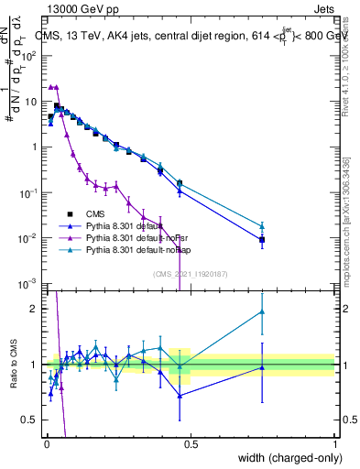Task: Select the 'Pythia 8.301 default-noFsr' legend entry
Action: click(x=124, y=237)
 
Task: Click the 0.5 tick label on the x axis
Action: click(x=191, y=444)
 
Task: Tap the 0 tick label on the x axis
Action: click(x=46, y=444)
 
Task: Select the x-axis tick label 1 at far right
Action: click(x=335, y=444)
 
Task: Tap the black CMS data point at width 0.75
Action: click(x=262, y=240)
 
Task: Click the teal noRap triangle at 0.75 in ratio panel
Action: click(x=262, y=311)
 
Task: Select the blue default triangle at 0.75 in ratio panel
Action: click(x=262, y=367)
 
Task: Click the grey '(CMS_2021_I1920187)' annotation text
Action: click(x=190, y=273)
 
